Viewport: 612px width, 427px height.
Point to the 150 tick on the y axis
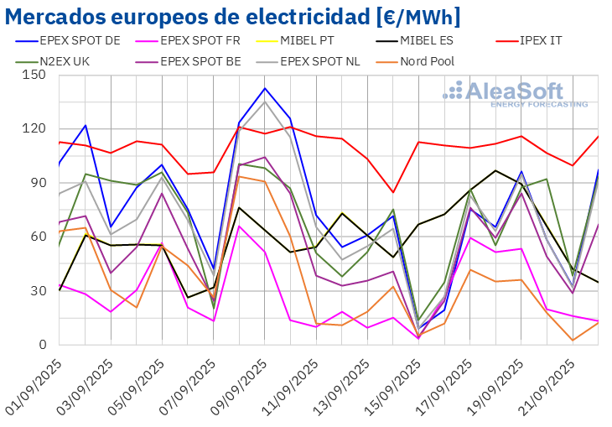pyautogui.click(x=34, y=75)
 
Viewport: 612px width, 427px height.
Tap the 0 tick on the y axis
pyautogui.click(x=42, y=345)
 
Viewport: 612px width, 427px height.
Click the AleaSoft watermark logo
pyautogui.click(x=515, y=93)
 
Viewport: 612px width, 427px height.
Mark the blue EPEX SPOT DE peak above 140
pyautogui.click(x=265, y=88)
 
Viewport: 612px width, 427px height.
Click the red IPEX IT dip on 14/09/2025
pyautogui.click(x=393, y=192)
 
